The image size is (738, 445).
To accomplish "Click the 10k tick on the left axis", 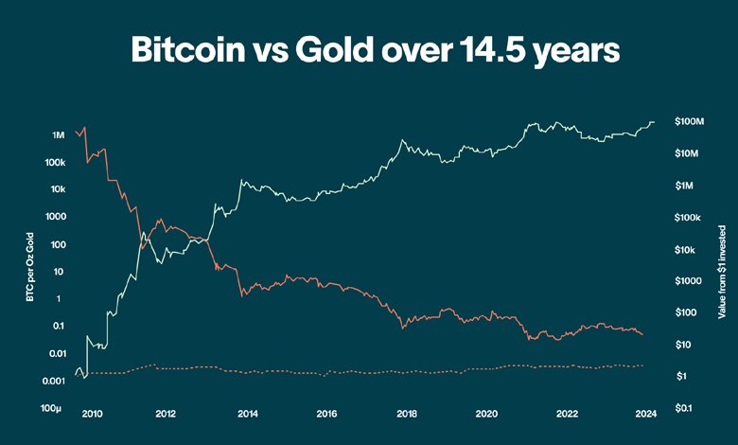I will coord(56,189).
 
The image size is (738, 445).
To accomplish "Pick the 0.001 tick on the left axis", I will coord(52,381).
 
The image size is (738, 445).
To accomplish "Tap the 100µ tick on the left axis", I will coord(53,408).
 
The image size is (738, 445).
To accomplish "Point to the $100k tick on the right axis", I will coord(687,218).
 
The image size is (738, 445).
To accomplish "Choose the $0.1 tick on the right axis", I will coord(688,408).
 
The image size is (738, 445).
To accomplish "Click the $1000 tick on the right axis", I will coord(688,281).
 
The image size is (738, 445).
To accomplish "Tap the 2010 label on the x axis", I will coord(92,414).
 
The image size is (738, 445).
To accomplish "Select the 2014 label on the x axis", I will coord(248,414).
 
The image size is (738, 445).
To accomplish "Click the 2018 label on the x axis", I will coord(407,414).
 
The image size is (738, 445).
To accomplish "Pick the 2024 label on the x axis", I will coord(646,414).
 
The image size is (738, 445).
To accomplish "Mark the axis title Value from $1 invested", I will coord(722,271).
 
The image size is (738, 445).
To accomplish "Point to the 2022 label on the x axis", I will coord(566,414).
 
